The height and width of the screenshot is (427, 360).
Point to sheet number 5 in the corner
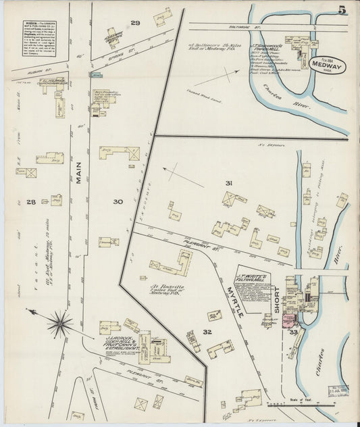click(x=343, y=9)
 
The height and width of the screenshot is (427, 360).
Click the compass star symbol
click(x=59, y=322)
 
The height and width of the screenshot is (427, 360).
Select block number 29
click(x=135, y=23)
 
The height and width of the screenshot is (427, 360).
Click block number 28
click(x=31, y=201)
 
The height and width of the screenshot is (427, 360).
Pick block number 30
click(x=118, y=201)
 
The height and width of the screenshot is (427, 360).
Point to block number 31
click(x=229, y=183)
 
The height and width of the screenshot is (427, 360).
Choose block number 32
click(x=207, y=331)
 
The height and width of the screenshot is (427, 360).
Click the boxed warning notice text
click(x=42, y=43)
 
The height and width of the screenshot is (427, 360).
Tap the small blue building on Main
click(x=96, y=74)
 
